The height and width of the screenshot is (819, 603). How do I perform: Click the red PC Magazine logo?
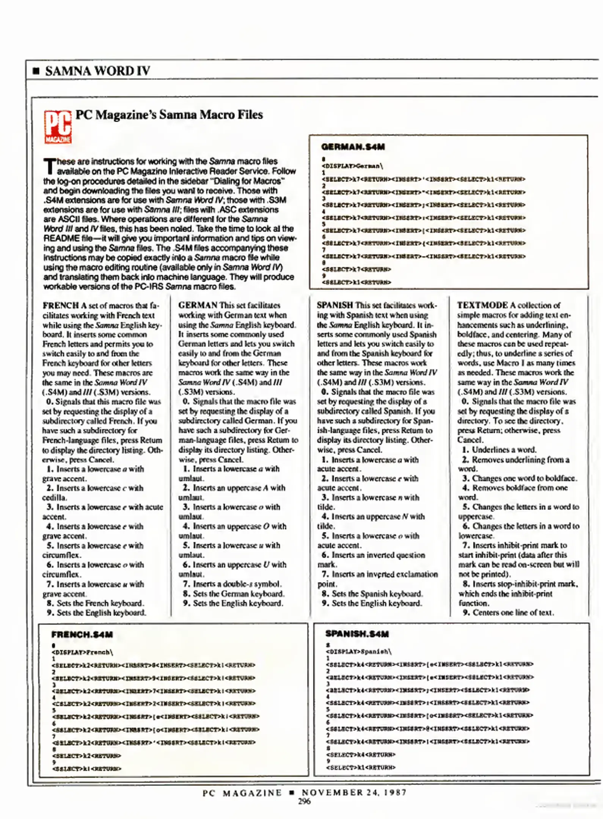[x=58, y=127]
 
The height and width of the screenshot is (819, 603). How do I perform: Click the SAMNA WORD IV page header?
[x=97, y=71]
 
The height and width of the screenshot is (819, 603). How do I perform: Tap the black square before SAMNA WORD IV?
[x=36, y=71]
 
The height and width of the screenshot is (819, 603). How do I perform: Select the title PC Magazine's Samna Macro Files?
[x=169, y=115]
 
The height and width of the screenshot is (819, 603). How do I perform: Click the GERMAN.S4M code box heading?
[x=353, y=147]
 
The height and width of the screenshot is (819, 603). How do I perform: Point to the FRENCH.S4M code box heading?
[x=82, y=634]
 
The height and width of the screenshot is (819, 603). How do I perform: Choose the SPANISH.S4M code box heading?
[x=357, y=634]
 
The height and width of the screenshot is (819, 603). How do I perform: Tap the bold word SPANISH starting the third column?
[x=334, y=305]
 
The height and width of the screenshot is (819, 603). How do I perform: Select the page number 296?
[x=304, y=801]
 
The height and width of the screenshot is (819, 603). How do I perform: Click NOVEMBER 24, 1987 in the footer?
[x=354, y=792]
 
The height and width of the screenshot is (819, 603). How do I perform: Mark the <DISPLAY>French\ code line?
[x=82, y=653]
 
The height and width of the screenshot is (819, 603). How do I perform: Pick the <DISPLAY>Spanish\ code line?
[x=358, y=652]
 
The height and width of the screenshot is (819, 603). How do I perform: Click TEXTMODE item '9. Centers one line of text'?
[x=508, y=613]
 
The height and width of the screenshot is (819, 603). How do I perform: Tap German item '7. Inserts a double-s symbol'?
[x=232, y=584]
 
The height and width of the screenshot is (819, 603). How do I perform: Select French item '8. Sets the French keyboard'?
[x=95, y=603]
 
